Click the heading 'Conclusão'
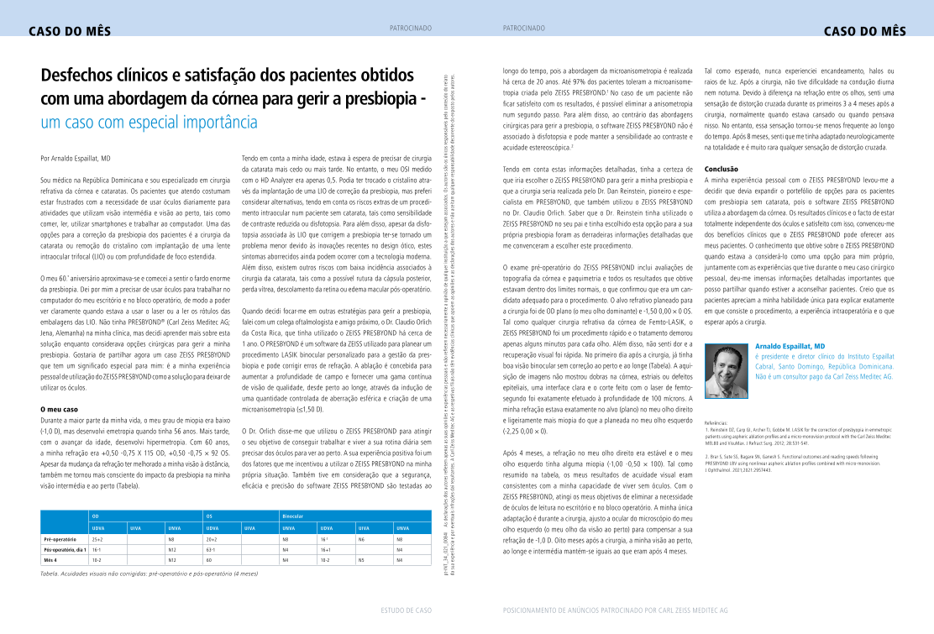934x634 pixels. coord(721,169)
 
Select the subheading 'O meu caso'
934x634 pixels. coord(60,409)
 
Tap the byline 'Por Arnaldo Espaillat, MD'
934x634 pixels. coord(76,158)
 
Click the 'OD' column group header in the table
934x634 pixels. coord(96,516)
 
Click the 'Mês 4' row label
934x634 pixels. coord(52,558)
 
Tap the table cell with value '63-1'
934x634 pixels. coord(211,548)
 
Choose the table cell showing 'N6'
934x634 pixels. coord(361,538)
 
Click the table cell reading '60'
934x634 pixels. coord(208,558)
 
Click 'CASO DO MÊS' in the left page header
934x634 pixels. coord(64,32)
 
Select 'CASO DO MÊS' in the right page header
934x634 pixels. coord(864,32)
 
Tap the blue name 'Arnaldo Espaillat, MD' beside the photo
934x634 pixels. coord(790,346)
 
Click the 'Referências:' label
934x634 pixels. coord(716,422)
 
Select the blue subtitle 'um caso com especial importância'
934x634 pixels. coord(149,123)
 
